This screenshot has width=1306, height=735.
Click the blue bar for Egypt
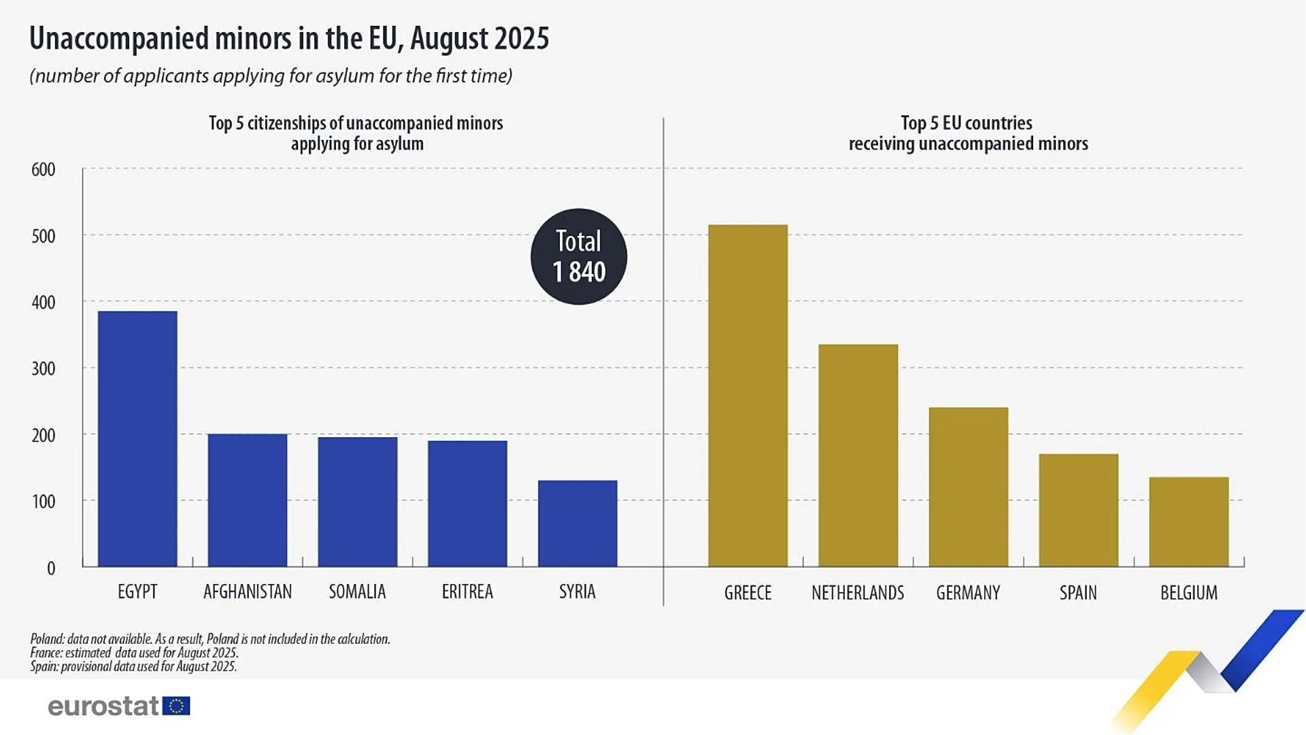click(137, 439)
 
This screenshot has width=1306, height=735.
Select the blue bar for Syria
click(577, 524)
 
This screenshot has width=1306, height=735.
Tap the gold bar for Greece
click(748, 396)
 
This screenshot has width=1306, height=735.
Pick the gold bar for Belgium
click(1188, 522)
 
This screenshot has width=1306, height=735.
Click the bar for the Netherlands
click(858, 456)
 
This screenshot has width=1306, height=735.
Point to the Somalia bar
click(357, 502)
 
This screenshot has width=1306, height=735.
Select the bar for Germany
click(968, 487)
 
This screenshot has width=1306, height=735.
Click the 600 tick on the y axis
click(44, 169)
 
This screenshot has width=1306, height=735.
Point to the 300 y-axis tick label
click(44, 369)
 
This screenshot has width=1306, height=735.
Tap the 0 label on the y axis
click(51, 568)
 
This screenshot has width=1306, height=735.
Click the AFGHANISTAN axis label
click(248, 592)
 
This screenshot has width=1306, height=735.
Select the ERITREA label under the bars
click(467, 592)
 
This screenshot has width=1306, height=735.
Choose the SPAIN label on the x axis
click(1078, 593)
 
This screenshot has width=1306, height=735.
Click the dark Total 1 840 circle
click(579, 256)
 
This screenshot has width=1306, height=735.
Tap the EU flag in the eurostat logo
click(177, 706)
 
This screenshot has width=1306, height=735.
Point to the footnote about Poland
click(210, 639)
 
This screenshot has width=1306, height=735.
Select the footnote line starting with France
click(134, 653)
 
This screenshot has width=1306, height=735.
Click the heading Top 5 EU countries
click(967, 123)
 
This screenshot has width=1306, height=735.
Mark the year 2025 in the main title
click(522, 39)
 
